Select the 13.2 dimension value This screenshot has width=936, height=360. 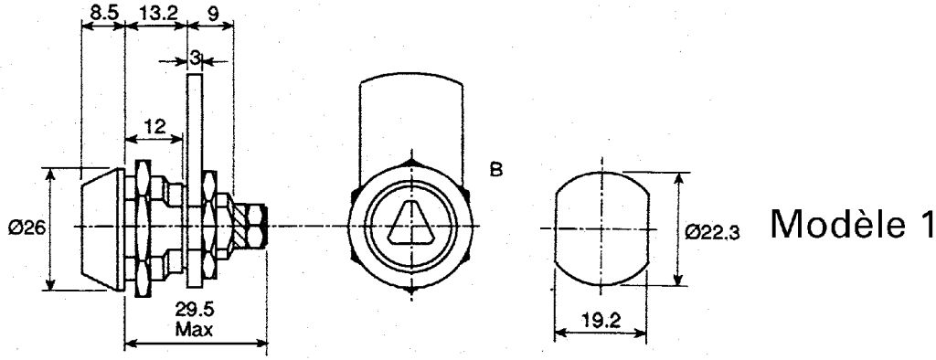pyautogui.click(x=157, y=13)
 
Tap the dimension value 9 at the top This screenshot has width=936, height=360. pyautogui.click(x=212, y=13)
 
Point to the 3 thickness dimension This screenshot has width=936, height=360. pyautogui.click(x=195, y=58)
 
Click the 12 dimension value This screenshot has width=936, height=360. pyautogui.click(x=154, y=126)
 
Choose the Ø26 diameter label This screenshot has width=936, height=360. pyautogui.click(x=27, y=228)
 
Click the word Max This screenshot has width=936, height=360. pyautogui.click(x=194, y=328)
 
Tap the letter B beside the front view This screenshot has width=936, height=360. pyautogui.click(x=496, y=170)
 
